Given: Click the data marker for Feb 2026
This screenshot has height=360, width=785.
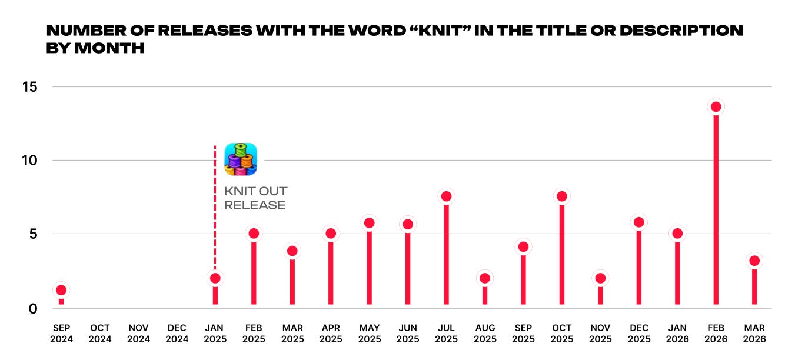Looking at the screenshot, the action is pyautogui.click(x=716, y=107).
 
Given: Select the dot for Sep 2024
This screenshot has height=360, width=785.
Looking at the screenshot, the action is pyautogui.click(x=61, y=290).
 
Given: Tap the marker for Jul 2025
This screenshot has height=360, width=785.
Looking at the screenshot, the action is pyautogui.click(x=446, y=196).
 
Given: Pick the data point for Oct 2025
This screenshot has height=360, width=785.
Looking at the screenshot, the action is pyautogui.click(x=562, y=196).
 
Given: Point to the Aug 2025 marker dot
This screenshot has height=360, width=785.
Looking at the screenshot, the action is pyautogui.click(x=485, y=278).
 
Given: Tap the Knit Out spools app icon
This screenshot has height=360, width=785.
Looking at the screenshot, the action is pyautogui.click(x=241, y=159).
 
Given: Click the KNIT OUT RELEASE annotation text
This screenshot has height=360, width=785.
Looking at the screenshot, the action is pyautogui.click(x=255, y=198).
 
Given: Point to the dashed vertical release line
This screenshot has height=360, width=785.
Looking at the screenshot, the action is pyautogui.click(x=215, y=208).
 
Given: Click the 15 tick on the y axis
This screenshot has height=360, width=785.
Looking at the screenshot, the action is pyautogui.click(x=29, y=87).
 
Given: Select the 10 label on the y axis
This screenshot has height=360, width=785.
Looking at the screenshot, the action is pyautogui.click(x=29, y=161).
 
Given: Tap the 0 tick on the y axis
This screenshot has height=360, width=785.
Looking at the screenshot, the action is pyautogui.click(x=33, y=309).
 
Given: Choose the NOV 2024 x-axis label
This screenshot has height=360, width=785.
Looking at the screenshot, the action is pyautogui.click(x=138, y=334).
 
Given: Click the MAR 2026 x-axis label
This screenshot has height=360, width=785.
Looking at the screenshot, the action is pyautogui.click(x=754, y=334).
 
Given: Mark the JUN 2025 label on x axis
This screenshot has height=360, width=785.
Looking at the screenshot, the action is pyautogui.click(x=408, y=334).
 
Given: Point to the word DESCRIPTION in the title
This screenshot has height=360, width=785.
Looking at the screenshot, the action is pyautogui.click(x=681, y=31).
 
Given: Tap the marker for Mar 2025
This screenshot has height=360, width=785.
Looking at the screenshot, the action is pyautogui.click(x=292, y=251).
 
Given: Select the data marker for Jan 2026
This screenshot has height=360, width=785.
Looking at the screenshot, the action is pyautogui.click(x=677, y=233).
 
